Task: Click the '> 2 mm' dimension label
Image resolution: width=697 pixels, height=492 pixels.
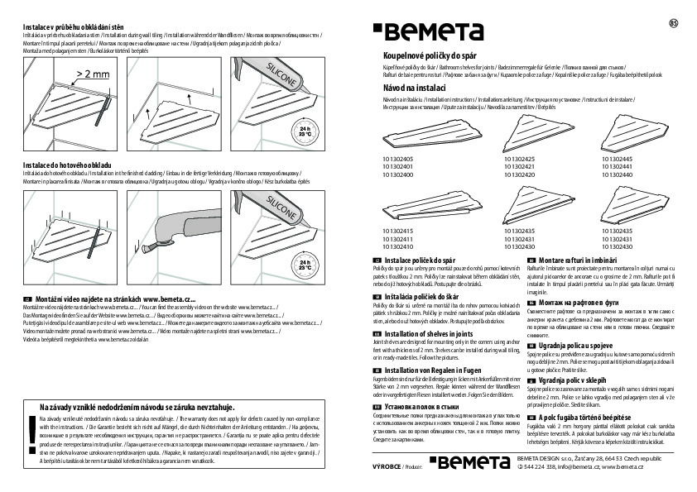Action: coord(92,75)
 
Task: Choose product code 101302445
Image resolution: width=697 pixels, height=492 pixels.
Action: coord(620,158)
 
